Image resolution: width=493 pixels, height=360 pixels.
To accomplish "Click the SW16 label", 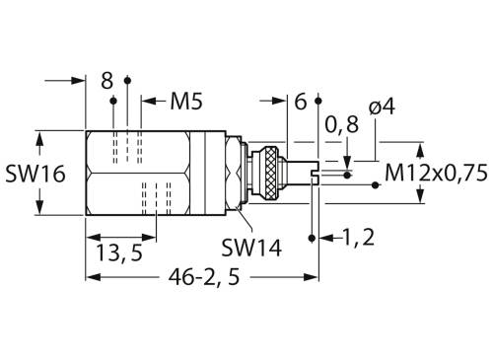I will [34, 175].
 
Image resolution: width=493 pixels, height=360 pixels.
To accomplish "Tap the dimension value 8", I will [107, 81].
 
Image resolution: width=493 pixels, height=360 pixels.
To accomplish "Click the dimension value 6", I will [301, 101].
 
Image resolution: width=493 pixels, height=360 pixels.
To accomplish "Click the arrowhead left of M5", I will [147, 100].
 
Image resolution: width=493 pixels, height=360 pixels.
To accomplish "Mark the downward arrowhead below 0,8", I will [347, 161].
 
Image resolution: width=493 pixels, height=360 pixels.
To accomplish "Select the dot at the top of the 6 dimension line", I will [318, 101].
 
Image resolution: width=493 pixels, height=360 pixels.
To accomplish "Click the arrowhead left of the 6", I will [279, 100].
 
